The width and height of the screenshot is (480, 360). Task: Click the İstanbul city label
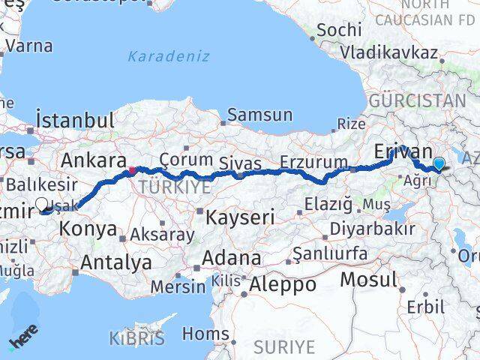click(x=76, y=121)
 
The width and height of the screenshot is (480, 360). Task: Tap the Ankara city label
click(x=94, y=160)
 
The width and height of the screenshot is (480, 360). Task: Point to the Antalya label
click(x=116, y=262)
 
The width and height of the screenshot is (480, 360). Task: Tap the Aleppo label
click(x=283, y=285)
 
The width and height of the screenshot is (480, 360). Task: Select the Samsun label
click(x=259, y=115)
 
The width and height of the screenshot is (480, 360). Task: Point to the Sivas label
click(x=241, y=163)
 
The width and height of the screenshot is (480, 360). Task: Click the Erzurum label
click(x=314, y=161)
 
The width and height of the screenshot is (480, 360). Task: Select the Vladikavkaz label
click(x=388, y=52)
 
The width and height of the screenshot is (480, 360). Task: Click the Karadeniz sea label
click(x=169, y=56)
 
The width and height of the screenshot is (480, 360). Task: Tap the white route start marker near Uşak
click(x=42, y=203)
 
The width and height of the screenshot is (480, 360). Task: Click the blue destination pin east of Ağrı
click(x=439, y=163)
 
